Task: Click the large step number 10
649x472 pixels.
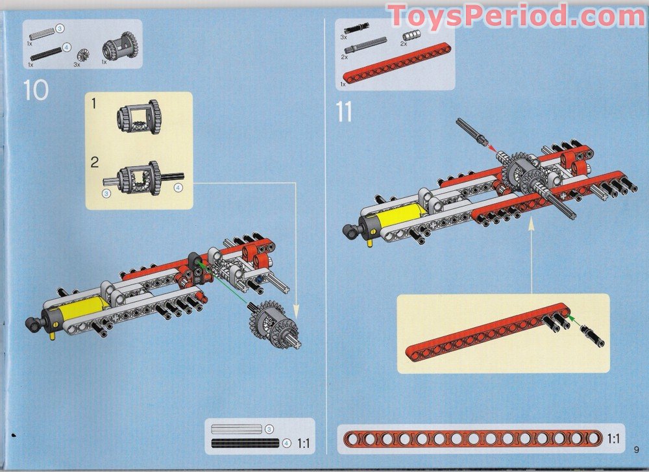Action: click(x=36, y=90)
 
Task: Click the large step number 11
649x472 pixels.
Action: click(x=344, y=112)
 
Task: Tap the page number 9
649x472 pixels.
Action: click(x=637, y=449)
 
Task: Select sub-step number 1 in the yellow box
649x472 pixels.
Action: click(x=95, y=103)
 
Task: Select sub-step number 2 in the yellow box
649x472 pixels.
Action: click(x=95, y=161)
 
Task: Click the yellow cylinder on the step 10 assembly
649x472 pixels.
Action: click(x=82, y=311)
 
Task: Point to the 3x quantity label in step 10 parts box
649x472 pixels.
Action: click(x=77, y=64)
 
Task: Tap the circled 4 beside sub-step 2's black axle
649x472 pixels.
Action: click(x=178, y=188)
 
